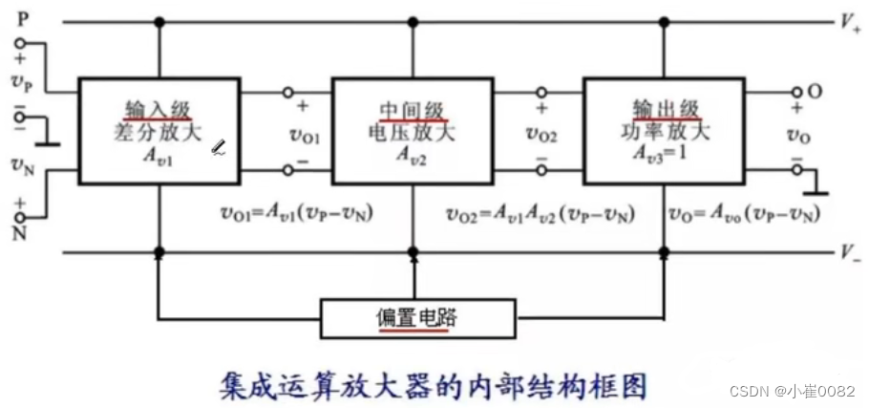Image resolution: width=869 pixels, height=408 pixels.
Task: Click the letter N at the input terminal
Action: (19, 231)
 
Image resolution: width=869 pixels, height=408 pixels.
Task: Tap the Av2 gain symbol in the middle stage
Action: (413, 155)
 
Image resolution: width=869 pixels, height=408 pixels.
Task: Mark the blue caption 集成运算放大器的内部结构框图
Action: (432, 382)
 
